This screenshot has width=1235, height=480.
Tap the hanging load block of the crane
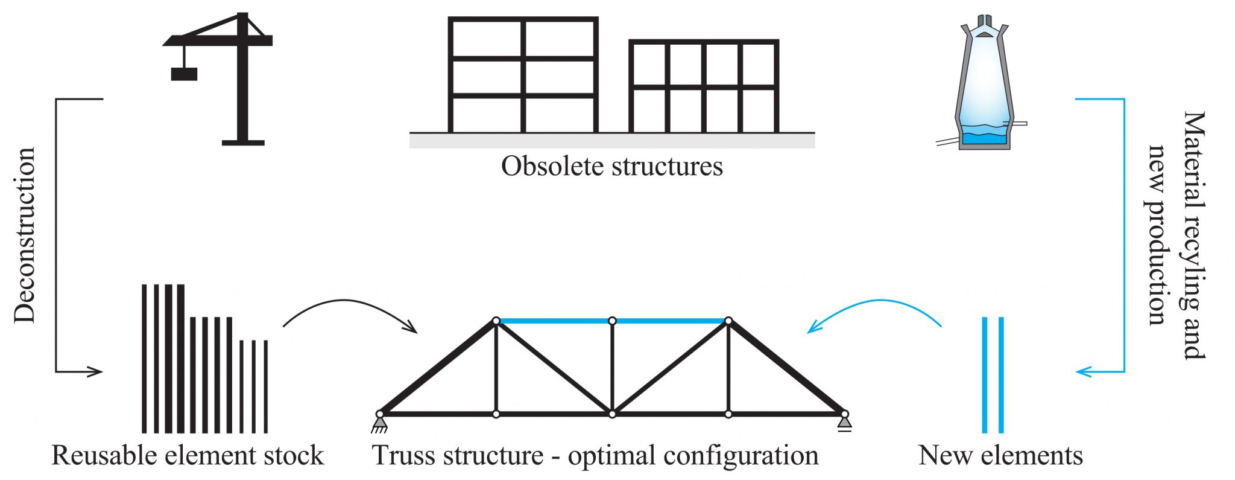(x=184, y=74)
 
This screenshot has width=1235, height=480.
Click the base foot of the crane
(x=243, y=142)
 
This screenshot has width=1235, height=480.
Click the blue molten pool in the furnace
(x=984, y=138)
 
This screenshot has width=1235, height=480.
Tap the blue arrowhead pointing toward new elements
(x=1083, y=372)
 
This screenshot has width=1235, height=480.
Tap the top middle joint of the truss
(x=612, y=321)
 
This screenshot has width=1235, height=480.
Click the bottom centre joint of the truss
(x=612, y=414)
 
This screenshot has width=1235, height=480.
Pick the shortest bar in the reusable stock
(x=266, y=386)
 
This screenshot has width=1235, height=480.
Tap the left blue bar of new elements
(x=985, y=374)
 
